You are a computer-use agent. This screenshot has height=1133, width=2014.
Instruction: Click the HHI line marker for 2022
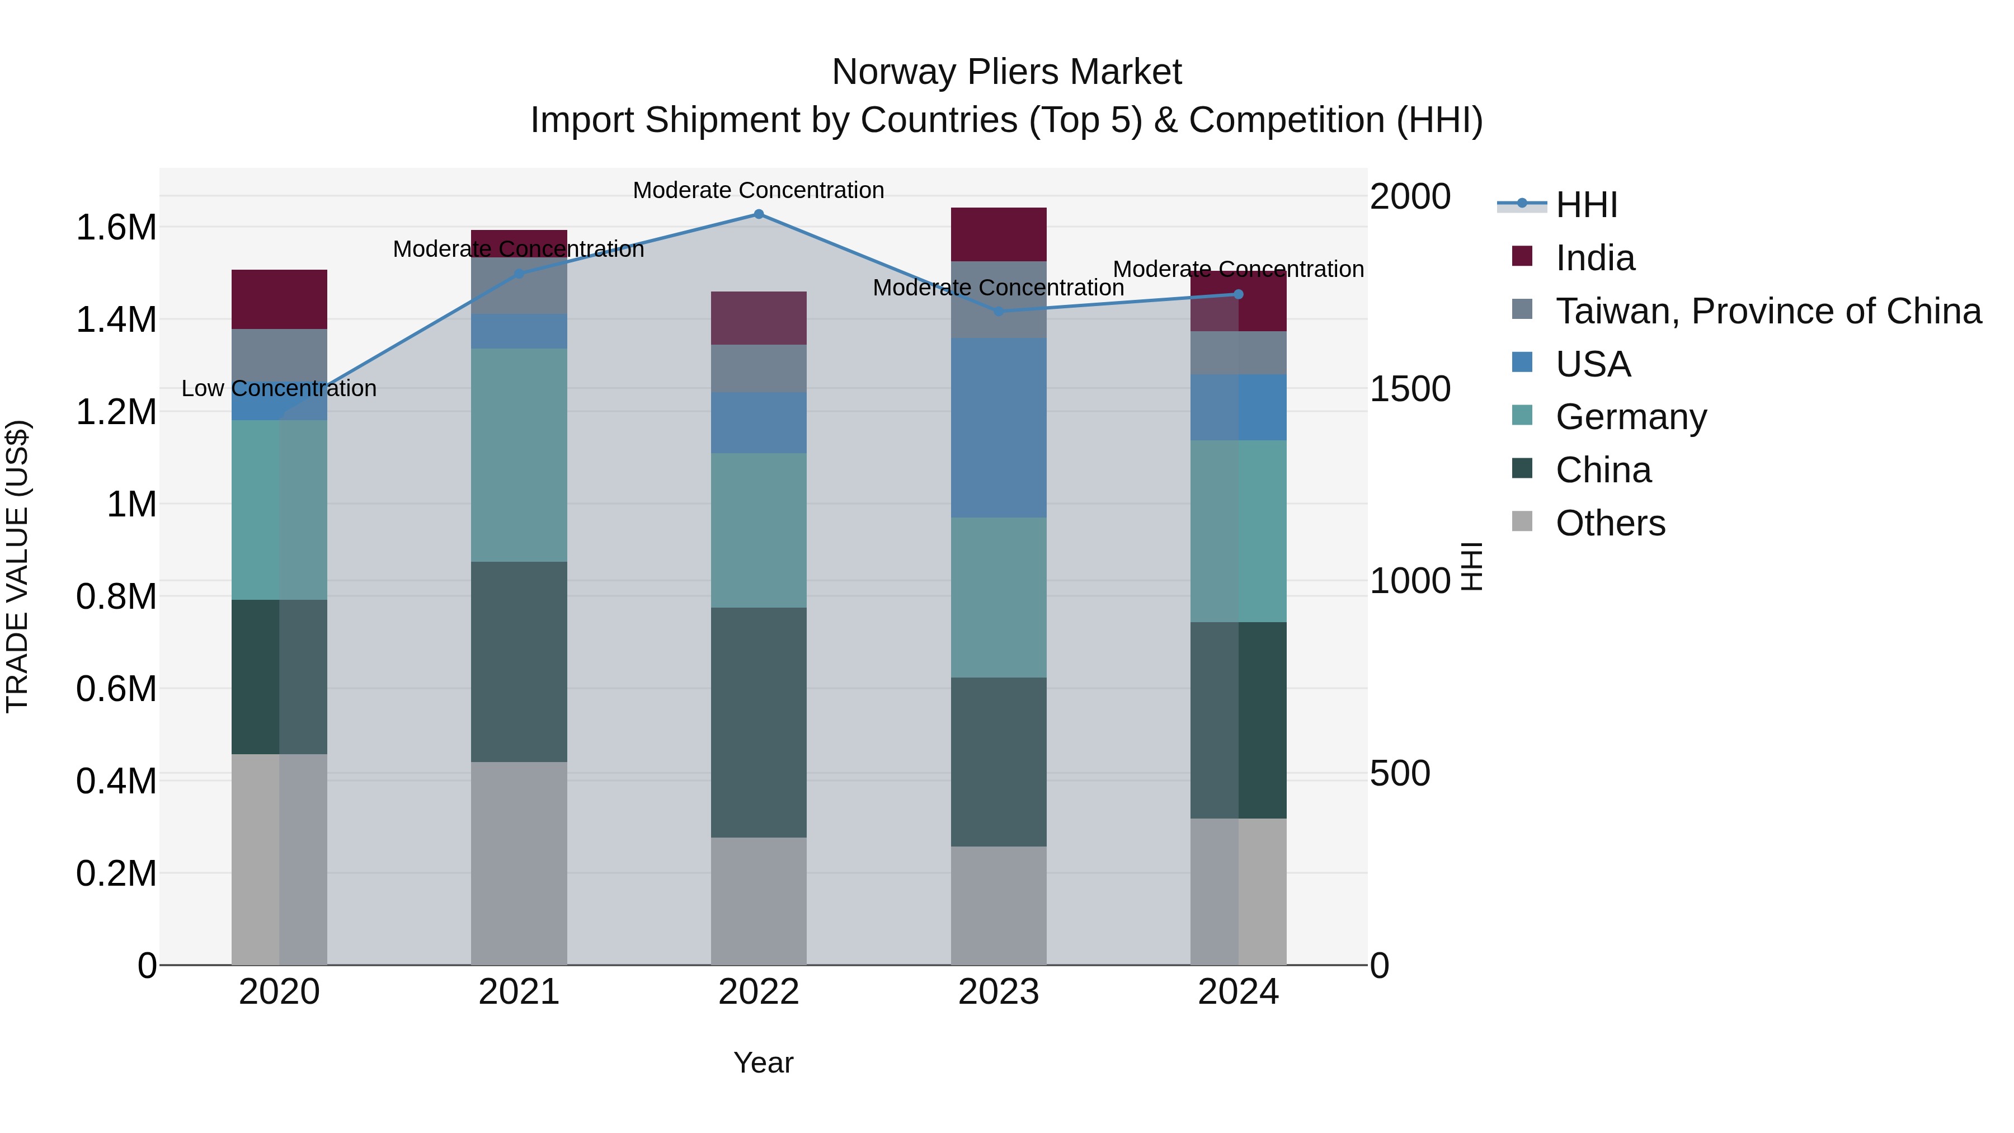click(x=759, y=214)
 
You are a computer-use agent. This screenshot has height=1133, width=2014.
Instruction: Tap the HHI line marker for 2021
click(x=519, y=274)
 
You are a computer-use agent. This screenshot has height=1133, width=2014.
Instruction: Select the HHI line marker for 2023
click(x=999, y=311)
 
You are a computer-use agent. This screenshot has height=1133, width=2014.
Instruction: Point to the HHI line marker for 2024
click(x=1239, y=294)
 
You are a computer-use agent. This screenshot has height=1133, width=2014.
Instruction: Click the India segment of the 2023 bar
click(x=999, y=234)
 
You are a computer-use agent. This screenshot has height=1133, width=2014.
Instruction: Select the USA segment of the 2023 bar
click(x=999, y=427)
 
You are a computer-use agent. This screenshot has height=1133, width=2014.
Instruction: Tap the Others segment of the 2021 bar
click(x=519, y=863)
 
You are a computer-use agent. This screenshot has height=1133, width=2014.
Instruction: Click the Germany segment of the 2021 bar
click(x=519, y=455)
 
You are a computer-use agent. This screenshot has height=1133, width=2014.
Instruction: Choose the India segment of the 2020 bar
click(x=279, y=299)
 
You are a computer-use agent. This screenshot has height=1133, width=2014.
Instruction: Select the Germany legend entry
click(x=1630, y=417)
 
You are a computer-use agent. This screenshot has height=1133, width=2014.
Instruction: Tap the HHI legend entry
click(x=1585, y=205)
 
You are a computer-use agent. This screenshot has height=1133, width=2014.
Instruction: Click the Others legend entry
click(x=1610, y=523)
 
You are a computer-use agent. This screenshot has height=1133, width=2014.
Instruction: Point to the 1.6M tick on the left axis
click(x=116, y=228)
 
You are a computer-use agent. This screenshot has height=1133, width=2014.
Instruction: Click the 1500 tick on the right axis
click(x=1410, y=389)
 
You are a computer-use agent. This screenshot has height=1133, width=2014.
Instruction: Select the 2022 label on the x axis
click(x=759, y=992)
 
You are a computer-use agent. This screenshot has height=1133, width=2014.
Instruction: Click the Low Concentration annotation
click(x=279, y=389)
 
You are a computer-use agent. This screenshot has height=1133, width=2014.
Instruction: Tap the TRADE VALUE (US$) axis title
click(x=17, y=566)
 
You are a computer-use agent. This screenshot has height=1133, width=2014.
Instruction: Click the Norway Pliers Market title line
click(x=1006, y=72)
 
